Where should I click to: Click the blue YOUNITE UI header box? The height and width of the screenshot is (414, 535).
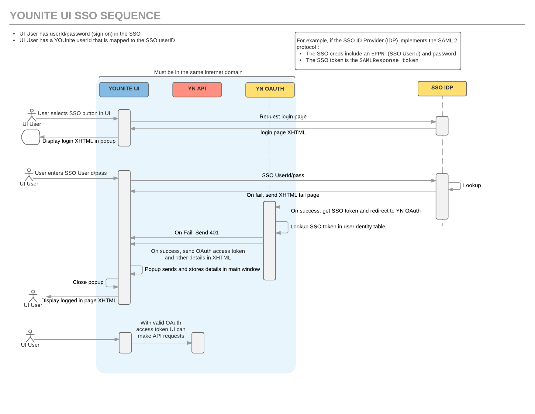coord(124,89)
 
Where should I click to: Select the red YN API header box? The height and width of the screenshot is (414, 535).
coord(197,89)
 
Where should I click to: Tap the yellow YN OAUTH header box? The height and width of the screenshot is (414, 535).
coord(270,89)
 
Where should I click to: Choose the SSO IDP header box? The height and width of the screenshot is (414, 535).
coord(442,88)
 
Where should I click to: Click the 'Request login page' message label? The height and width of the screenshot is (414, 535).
coord(283,117)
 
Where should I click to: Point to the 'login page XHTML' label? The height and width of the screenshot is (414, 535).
coord(283,132)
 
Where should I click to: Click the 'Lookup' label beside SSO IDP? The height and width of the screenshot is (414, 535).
coord(472,185)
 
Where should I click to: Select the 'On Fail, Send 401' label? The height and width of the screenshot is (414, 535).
coord(196,233)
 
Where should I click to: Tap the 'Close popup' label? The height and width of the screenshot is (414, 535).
coord(88,282)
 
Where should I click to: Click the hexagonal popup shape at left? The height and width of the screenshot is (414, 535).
coord(30,137)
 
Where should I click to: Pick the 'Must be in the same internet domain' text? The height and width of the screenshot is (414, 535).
coord(198,72)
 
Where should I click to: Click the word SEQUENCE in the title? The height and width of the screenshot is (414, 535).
coord(130,16)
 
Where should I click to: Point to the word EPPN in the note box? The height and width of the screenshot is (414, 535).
coord(378,54)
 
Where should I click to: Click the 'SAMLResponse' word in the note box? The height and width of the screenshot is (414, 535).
coord(379,61)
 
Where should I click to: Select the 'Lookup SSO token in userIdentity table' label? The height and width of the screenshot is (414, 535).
coord(338,226)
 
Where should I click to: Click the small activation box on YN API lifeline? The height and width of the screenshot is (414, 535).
coord(198,343)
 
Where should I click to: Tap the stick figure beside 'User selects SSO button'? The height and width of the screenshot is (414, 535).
coord(32,115)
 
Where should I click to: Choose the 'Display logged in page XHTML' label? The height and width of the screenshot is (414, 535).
coord(79,300)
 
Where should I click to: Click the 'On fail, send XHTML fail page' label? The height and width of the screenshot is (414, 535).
coord(283,195)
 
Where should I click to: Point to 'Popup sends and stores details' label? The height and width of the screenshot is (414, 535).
coord(202,269)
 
